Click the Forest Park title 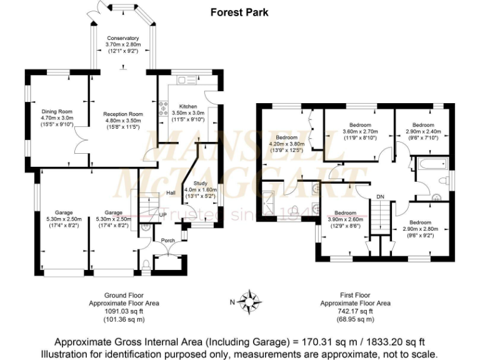[x=239, y=12]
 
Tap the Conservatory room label [x=122, y=38]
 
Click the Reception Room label [x=122, y=114]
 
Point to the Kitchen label [x=188, y=106]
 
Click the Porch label [x=167, y=240]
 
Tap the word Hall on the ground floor [x=171, y=193]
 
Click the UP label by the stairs [x=162, y=214]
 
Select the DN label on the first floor [x=380, y=197]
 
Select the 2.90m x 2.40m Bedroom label [x=423, y=125]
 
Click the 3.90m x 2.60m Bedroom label [x=345, y=212]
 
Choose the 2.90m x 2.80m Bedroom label [x=420, y=222]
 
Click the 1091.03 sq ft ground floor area [x=123, y=311]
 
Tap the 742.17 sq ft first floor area [x=355, y=311]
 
